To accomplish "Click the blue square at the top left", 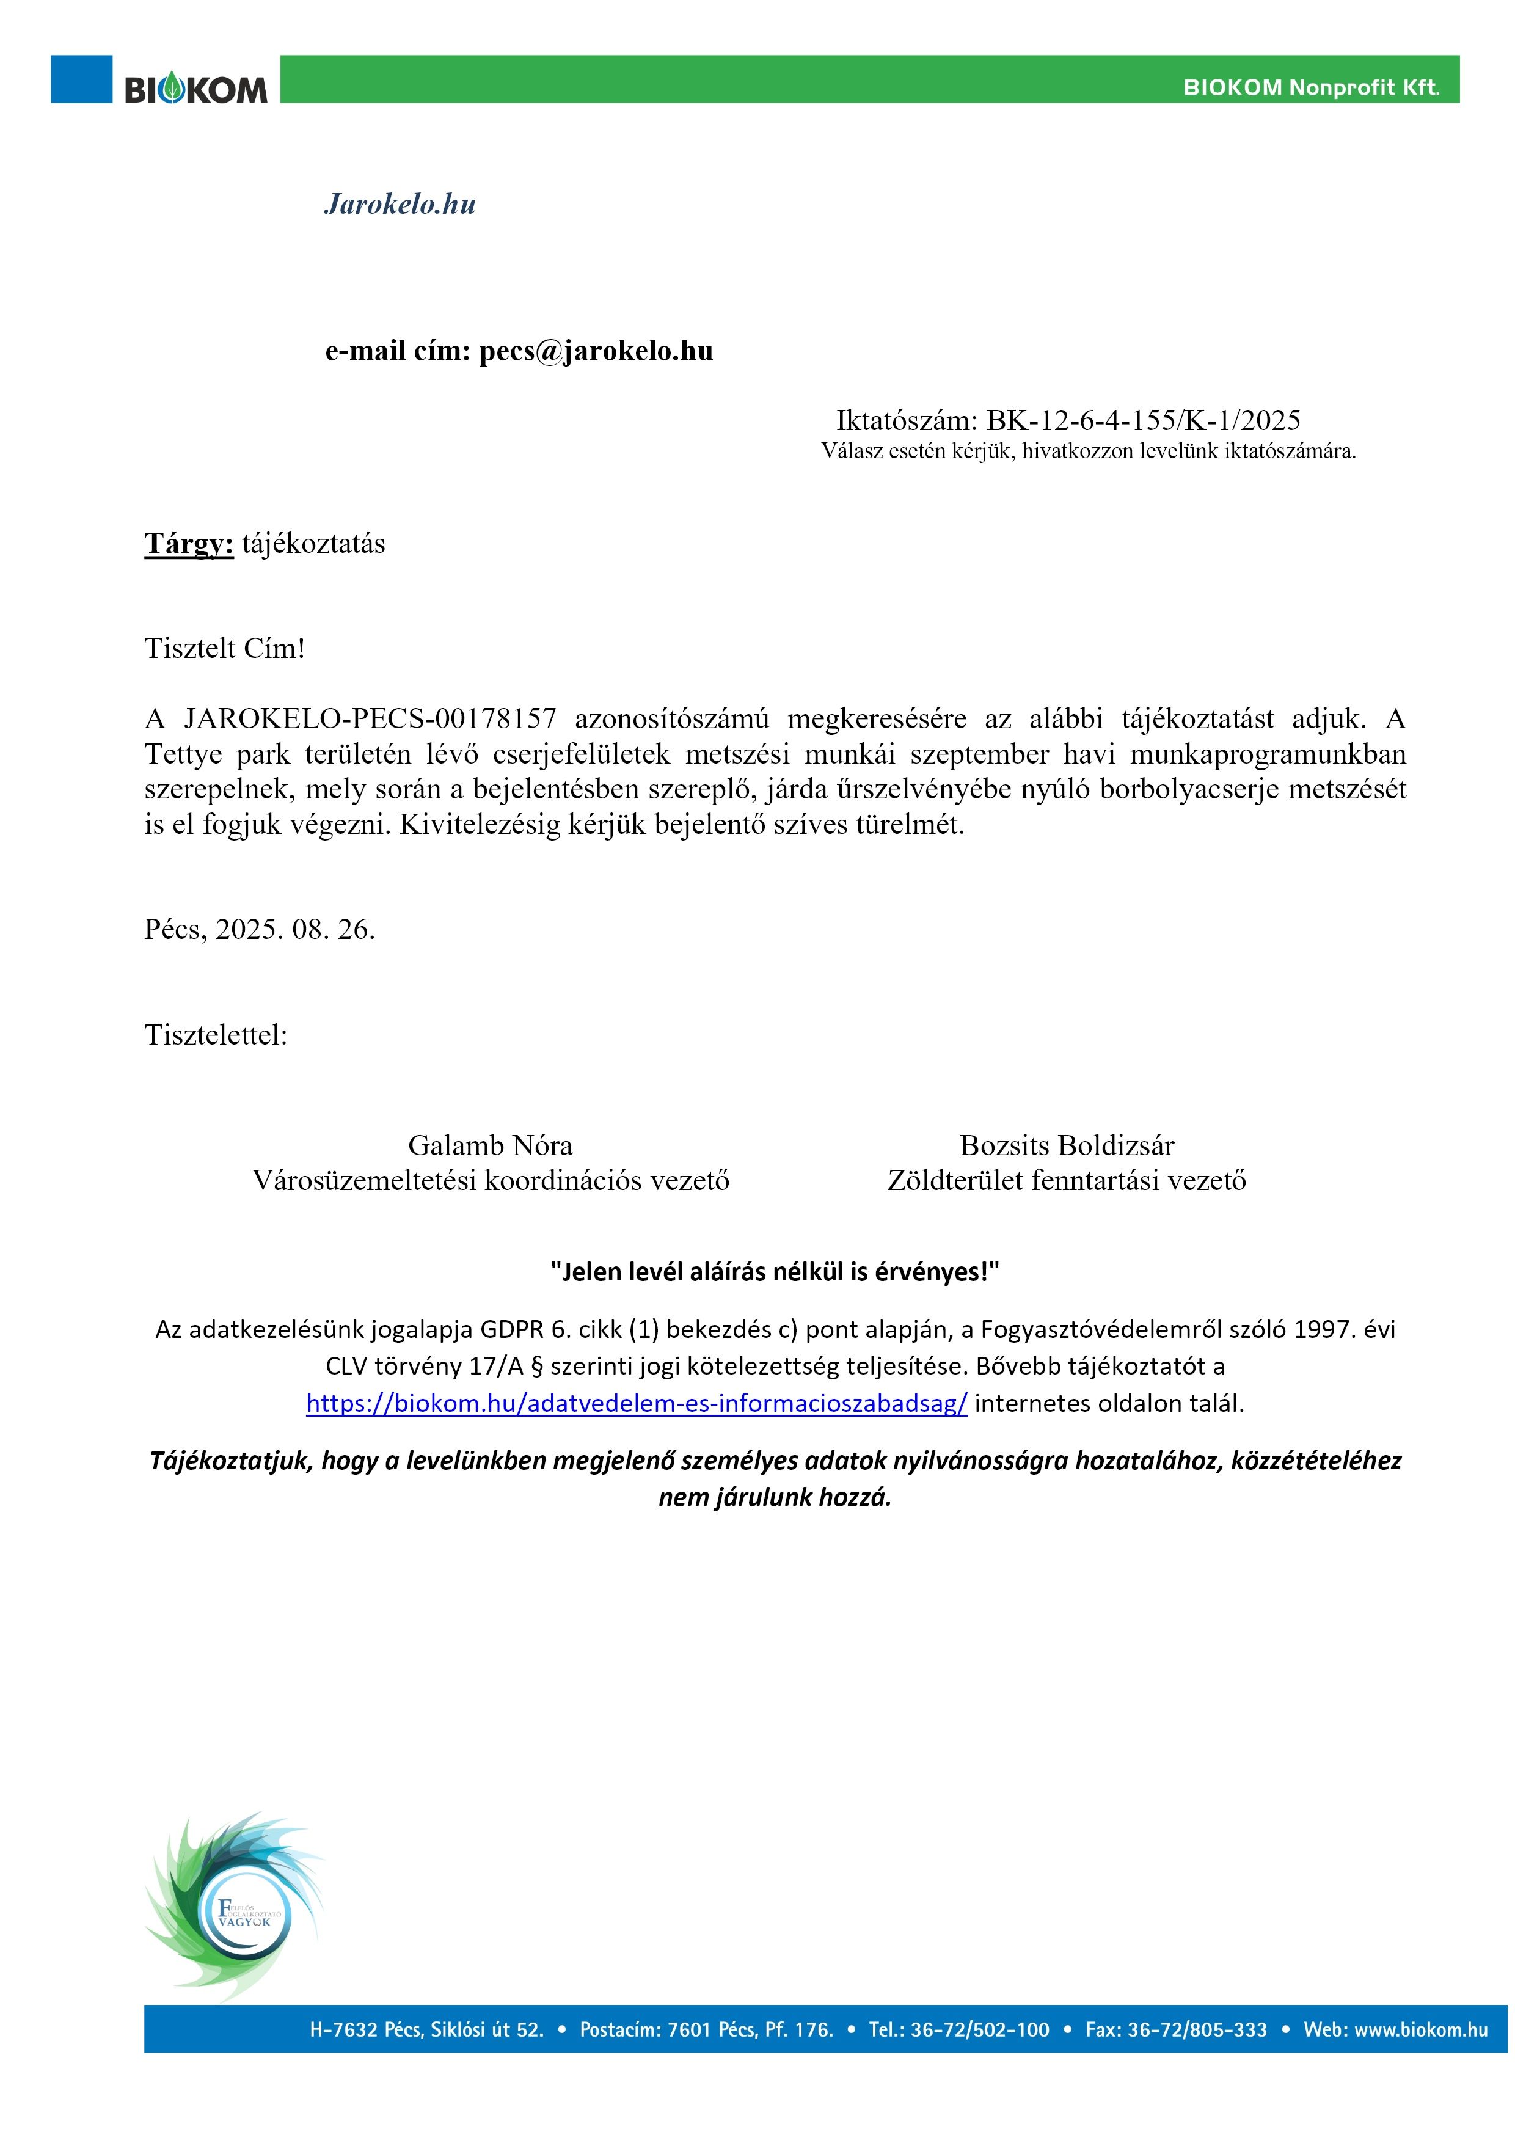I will pos(81,78).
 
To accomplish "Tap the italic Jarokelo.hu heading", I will pos(400,205).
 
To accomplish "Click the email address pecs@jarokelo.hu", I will pos(596,351).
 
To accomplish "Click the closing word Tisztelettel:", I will pos(216,1035).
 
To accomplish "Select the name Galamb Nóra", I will pos(490,1145).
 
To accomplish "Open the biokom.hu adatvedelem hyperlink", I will pos(637,1403).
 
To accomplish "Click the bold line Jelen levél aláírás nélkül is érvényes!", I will pos(775,1271).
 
